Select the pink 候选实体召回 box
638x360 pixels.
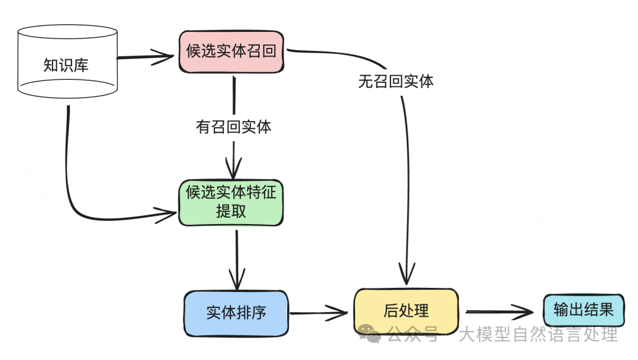point(230,51)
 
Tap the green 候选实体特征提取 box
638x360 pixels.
point(231,202)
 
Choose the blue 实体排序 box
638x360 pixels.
point(236,313)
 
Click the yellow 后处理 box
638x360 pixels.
point(406,310)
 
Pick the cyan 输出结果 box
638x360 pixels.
point(583,310)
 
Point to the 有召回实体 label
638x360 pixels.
point(234,127)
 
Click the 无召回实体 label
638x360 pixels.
point(396,81)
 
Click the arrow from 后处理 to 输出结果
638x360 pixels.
point(499,311)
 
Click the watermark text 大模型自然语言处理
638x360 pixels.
point(538,335)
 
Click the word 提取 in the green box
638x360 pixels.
point(231,211)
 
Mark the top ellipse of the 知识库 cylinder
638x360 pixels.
point(67,34)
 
